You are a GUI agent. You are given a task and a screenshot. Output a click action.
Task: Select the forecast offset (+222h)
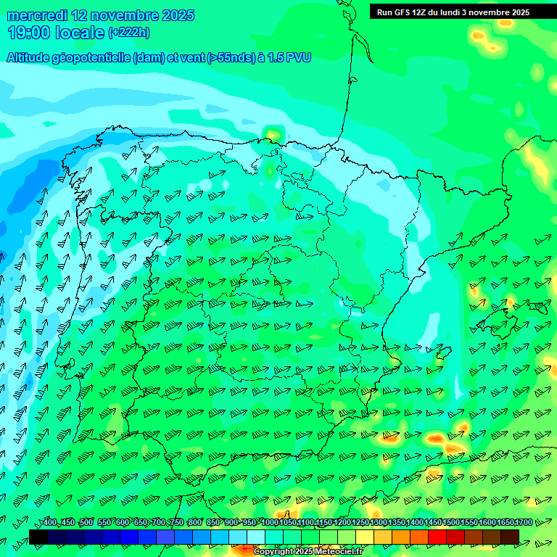coord(129,33)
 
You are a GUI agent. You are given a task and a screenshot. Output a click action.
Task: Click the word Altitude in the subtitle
coord(33,57)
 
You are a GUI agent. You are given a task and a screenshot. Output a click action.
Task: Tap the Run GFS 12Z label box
coord(453,12)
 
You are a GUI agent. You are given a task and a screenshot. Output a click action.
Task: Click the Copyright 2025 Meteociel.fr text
coord(308,552)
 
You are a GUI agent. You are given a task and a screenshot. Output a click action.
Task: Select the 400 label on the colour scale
coord(49,522)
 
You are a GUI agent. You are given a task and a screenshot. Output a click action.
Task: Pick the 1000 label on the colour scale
coord(269,522)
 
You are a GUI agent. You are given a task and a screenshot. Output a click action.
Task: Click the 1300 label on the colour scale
coord(378,522)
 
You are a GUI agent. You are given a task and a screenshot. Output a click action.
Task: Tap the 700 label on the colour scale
coord(159,522)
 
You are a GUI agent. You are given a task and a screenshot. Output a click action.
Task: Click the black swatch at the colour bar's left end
coord(38,537)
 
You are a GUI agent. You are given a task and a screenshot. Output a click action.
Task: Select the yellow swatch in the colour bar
coord(365,537)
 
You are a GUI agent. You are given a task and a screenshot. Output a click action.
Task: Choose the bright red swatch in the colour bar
coord(437,537)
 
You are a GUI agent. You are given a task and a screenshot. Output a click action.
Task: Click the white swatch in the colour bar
coord(256,537)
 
